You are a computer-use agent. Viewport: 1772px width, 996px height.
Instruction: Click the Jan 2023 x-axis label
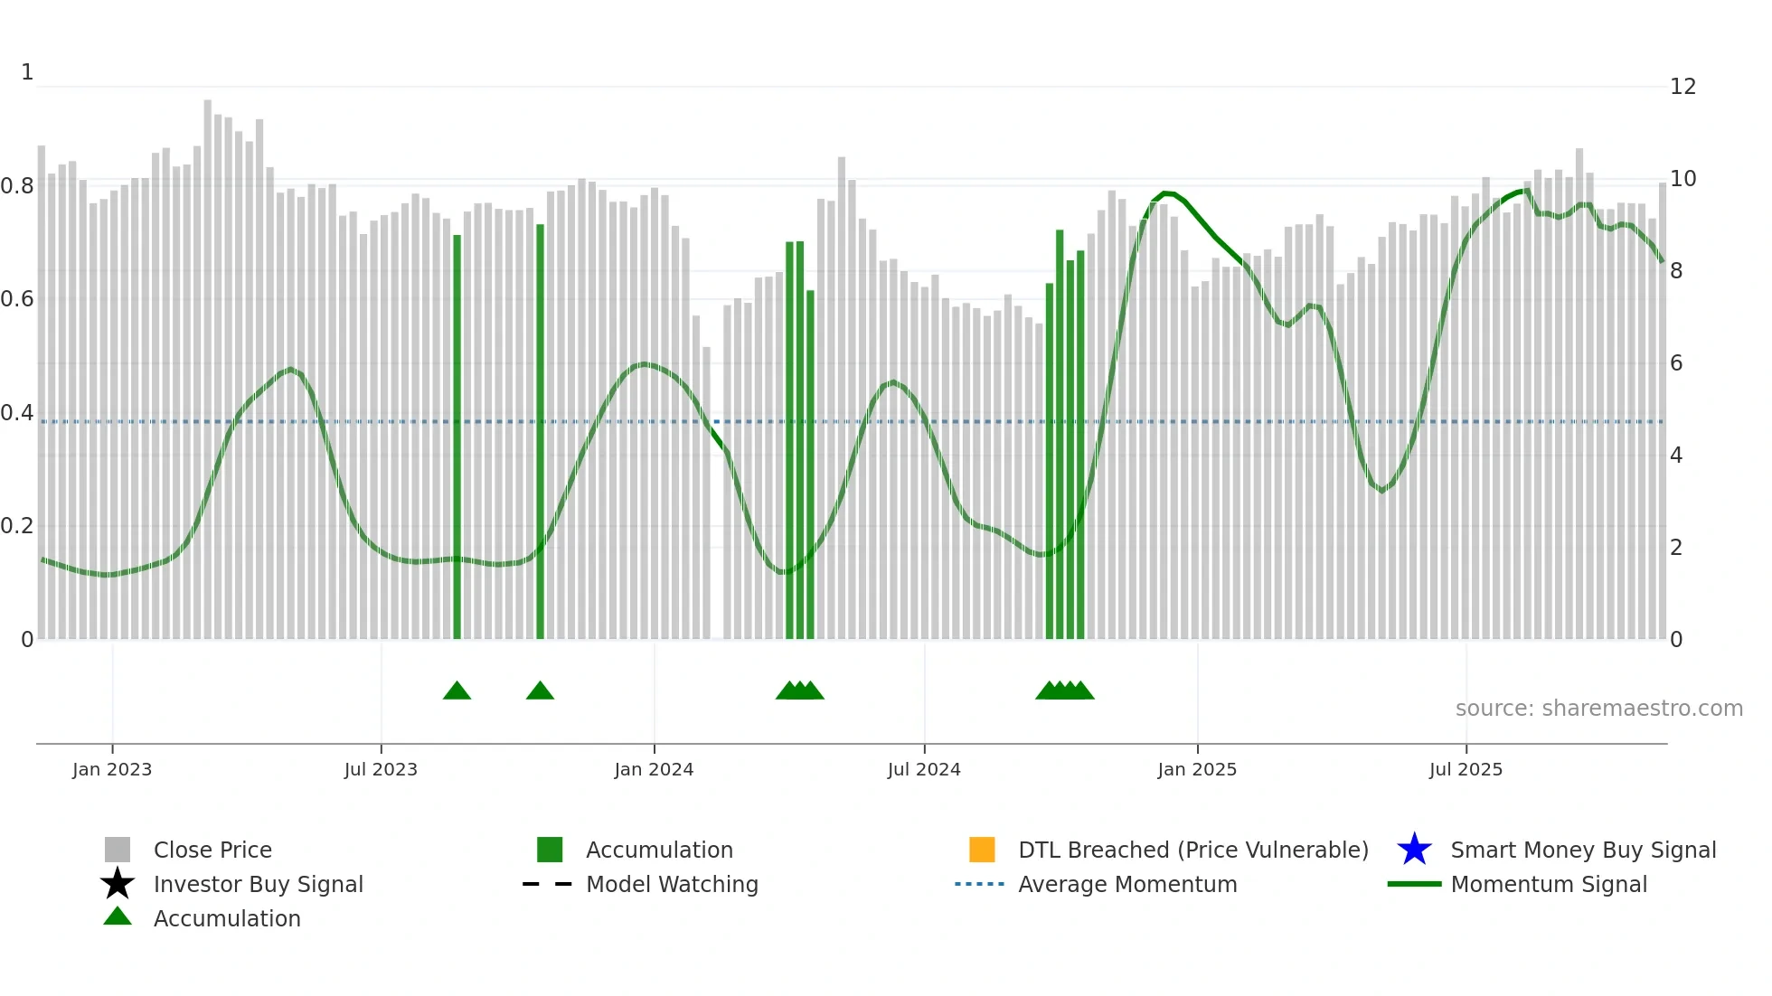click(112, 769)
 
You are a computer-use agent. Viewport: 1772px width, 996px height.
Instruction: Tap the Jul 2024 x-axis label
click(923, 769)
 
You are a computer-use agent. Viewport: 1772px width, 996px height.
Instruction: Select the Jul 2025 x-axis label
click(1466, 769)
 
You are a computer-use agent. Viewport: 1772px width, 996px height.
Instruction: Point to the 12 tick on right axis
click(1682, 87)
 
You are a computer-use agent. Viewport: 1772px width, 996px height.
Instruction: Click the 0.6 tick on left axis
click(17, 299)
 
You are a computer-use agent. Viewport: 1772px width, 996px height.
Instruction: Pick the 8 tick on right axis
click(1676, 271)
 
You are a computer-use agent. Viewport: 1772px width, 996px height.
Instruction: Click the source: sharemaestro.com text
click(1598, 709)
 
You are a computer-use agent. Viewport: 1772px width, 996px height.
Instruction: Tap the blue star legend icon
click(1414, 850)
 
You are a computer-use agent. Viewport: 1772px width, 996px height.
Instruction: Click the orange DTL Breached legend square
click(982, 850)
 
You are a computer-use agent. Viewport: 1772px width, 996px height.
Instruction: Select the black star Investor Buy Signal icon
click(118, 884)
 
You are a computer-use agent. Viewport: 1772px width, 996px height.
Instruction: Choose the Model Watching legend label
click(672, 884)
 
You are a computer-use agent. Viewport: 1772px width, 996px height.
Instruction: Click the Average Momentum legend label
click(1127, 884)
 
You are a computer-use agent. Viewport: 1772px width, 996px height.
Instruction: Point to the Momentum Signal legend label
click(1549, 884)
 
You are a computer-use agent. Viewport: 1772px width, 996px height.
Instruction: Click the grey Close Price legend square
click(118, 850)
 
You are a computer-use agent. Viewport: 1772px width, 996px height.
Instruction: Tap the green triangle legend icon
click(118, 916)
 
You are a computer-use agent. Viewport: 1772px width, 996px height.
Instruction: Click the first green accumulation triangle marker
click(457, 691)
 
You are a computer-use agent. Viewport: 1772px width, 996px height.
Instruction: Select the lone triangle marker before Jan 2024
click(540, 691)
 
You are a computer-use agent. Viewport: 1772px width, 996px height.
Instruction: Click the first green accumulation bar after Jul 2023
click(457, 434)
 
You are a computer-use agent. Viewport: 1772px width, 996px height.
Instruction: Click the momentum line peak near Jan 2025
click(1166, 193)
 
